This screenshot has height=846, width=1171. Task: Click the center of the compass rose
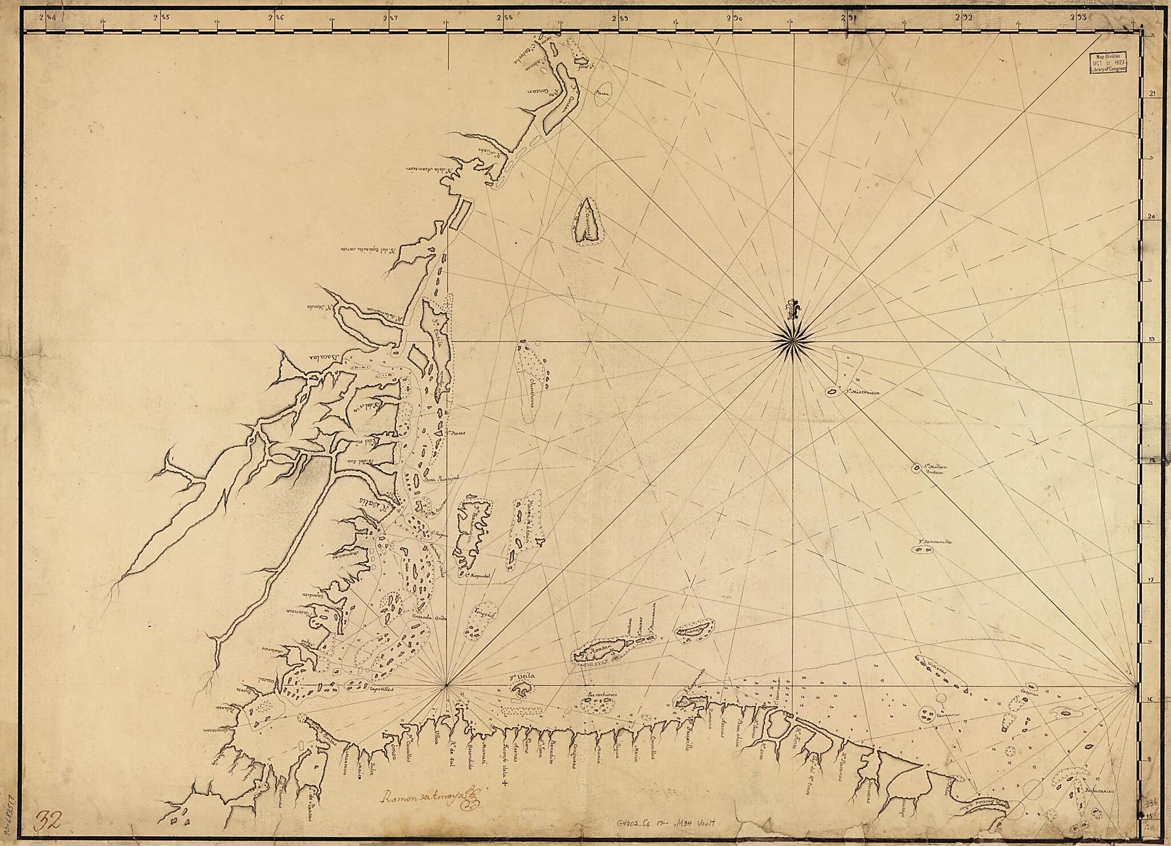[x=792, y=342]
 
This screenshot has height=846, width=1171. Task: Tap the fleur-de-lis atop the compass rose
[x=792, y=309]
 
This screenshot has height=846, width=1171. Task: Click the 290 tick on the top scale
[x=735, y=17]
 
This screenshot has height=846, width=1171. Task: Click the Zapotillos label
[x=383, y=689]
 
